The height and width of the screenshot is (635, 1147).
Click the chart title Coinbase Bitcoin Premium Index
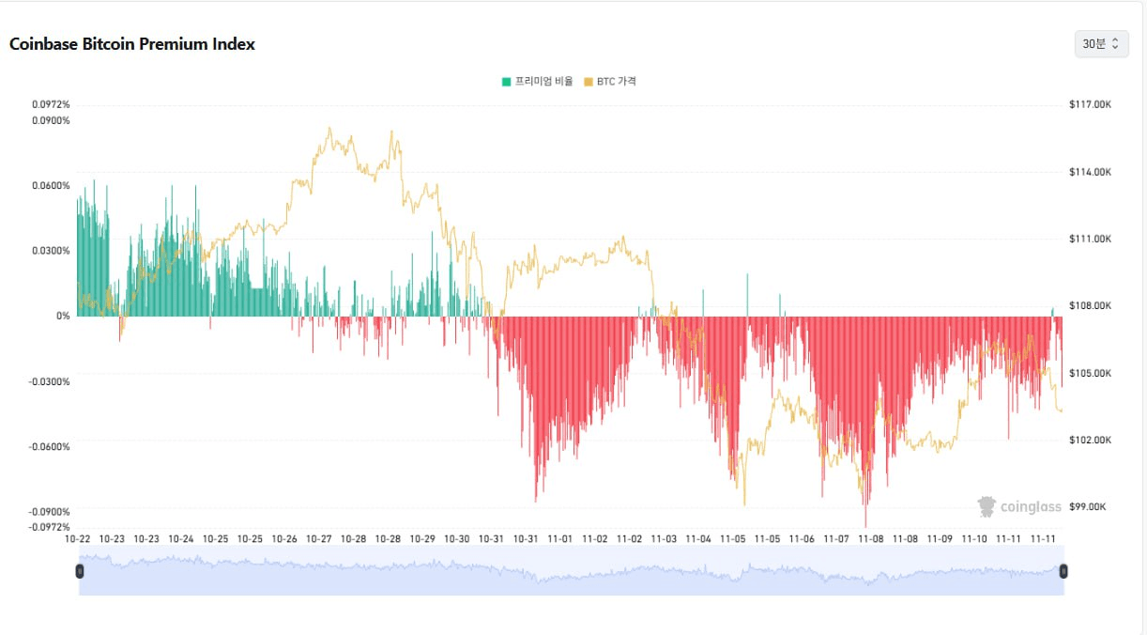tap(132, 44)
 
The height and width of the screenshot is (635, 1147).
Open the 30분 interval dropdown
tap(1101, 44)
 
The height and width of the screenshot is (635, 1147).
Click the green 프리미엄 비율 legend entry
tap(538, 82)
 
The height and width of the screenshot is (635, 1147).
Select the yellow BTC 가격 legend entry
tap(610, 82)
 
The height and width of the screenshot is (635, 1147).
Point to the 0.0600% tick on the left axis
tap(51, 185)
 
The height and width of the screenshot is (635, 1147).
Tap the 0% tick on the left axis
tap(63, 316)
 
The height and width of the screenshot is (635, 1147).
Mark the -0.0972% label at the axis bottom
tap(49, 527)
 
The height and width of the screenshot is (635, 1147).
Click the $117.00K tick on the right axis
tap(1090, 104)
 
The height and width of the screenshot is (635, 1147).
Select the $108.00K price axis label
tap(1090, 305)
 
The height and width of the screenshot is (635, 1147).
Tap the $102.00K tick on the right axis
tap(1090, 440)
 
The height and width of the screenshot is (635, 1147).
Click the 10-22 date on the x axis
tap(77, 538)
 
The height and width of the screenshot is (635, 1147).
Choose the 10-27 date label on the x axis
tap(319, 538)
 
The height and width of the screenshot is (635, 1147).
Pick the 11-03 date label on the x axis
tap(664, 538)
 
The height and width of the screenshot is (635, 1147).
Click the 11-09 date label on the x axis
tap(940, 538)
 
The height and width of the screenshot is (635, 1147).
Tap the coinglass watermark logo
tap(1019, 506)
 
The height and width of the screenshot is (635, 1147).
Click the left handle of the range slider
tap(80, 571)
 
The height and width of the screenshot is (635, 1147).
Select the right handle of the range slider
tap(1063, 571)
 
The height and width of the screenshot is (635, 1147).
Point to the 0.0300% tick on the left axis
tap(51, 251)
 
